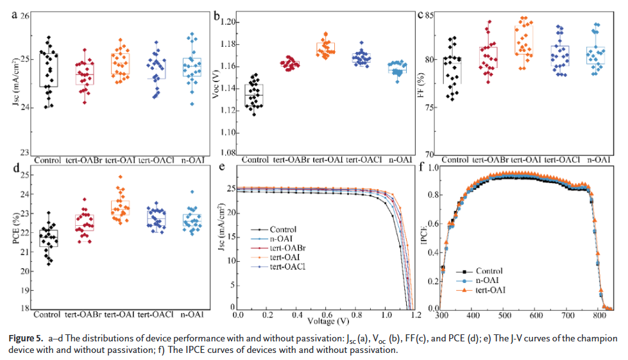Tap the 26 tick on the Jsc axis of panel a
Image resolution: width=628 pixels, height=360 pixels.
pyautogui.click(x=24, y=15)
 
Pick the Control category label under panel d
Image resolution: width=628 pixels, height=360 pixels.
pyautogui.click(x=48, y=314)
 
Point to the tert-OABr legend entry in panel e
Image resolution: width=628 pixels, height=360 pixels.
pyautogui.click(x=287, y=248)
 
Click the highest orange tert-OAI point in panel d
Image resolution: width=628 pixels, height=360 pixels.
pyautogui.click(x=120, y=176)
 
